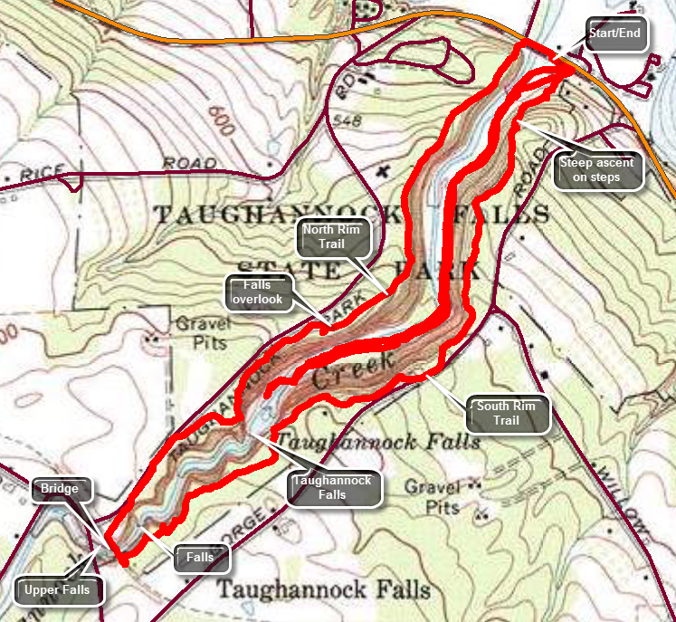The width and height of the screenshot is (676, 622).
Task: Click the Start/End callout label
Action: coord(619,33)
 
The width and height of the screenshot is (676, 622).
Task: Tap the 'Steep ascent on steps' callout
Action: coord(597,170)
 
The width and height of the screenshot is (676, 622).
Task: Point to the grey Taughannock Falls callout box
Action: coord(332,487)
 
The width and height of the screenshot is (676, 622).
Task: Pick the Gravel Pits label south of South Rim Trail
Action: coord(433,497)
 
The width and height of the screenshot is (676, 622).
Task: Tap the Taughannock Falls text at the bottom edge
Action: coord(324,590)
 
